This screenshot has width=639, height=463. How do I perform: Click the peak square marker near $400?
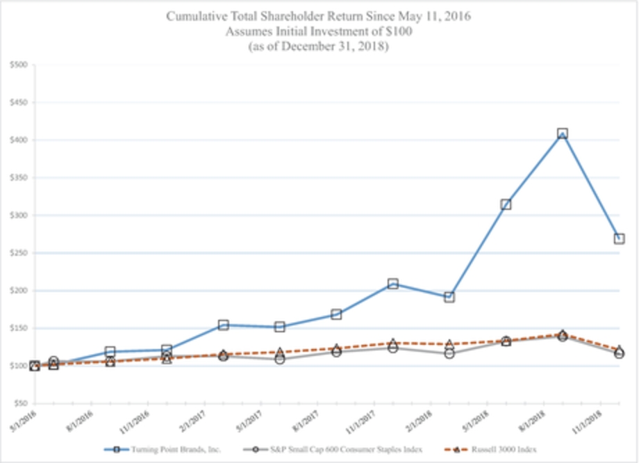point(562,133)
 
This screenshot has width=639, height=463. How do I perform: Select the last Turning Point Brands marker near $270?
point(619,238)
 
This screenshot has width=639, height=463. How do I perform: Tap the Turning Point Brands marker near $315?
point(506,204)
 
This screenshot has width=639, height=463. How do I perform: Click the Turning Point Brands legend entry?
point(166,450)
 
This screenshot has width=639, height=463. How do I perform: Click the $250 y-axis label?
point(19,253)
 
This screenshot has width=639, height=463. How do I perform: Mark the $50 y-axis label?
point(20,403)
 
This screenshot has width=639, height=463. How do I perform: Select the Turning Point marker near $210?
point(393,284)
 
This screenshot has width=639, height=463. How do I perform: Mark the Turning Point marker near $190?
point(449,297)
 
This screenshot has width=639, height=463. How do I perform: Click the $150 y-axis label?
point(19,328)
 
